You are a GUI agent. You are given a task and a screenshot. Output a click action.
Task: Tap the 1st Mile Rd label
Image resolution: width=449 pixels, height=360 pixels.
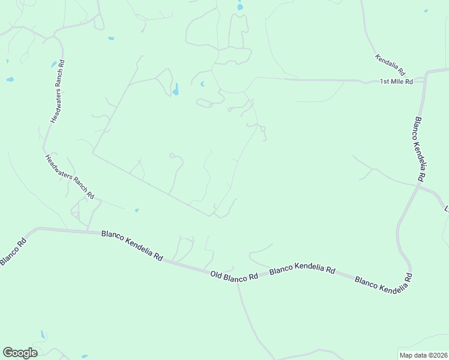[x=396, y=82]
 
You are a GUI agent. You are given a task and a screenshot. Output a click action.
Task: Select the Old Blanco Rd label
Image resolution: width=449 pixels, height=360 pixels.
[x=234, y=275]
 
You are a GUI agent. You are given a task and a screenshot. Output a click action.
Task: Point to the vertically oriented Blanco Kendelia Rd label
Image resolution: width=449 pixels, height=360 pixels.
[x=418, y=149]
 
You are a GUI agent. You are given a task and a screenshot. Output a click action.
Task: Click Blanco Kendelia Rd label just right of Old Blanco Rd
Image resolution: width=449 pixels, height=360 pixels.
[x=302, y=271]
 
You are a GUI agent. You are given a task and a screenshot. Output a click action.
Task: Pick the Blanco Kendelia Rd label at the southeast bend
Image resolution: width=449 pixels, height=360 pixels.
[x=384, y=283]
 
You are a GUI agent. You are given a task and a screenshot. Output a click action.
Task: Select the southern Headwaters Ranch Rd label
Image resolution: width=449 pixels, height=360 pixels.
[x=70, y=176]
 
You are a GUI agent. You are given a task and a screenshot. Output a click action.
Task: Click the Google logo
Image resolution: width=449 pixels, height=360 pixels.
[x=20, y=353]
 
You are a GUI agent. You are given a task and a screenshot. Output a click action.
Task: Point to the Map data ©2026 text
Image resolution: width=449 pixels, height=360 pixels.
[x=423, y=355]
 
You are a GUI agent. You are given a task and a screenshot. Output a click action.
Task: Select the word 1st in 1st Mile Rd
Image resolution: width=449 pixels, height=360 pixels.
[x=385, y=82]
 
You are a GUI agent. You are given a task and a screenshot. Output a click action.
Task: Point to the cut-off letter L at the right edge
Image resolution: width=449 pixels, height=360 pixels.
[x=446, y=209]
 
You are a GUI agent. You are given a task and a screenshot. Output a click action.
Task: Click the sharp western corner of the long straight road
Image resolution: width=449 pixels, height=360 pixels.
[x=93, y=154]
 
